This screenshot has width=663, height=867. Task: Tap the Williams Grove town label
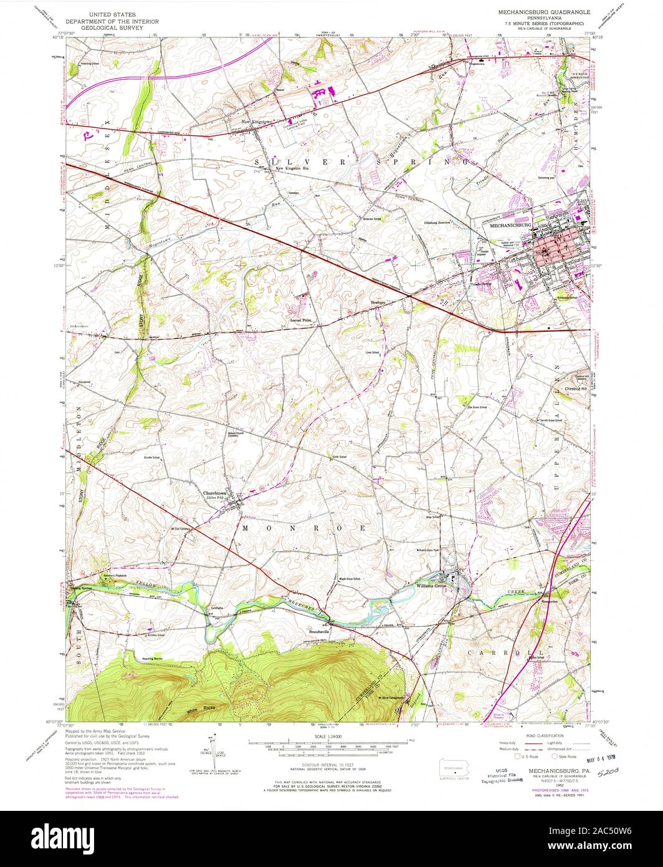(x=430, y=586)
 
